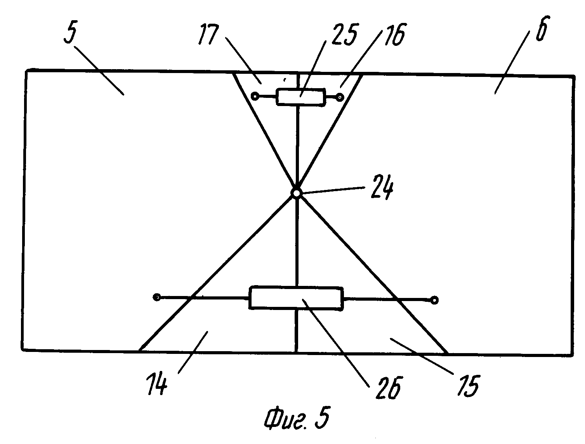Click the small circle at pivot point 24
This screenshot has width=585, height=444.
click(x=296, y=193)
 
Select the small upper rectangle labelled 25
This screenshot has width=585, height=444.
click(x=300, y=97)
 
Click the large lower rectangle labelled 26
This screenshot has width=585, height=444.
click(x=296, y=298)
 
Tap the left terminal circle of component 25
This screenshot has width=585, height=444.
click(x=255, y=96)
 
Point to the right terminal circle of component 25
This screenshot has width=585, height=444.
click(x=340, y=97)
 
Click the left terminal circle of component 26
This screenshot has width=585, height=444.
click(x=157, y=298)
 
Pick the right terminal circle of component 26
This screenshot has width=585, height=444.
click(x=435, y=300)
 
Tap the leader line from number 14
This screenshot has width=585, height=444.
click(x=192, y=352)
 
